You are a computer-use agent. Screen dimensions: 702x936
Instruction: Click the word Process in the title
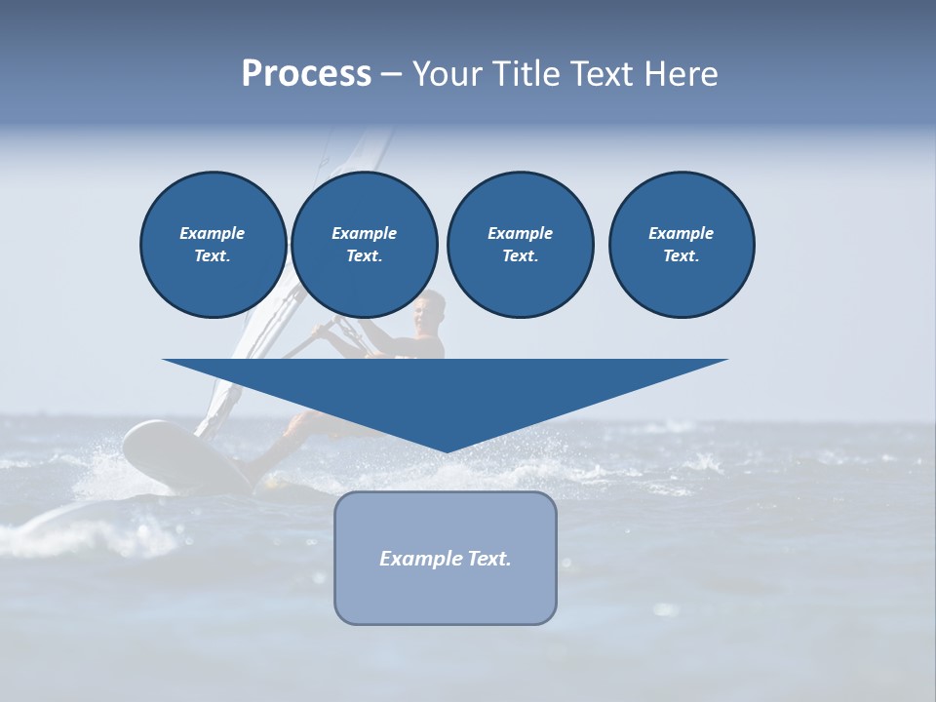(306, 74)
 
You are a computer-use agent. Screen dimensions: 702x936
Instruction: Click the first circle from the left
(213, 245)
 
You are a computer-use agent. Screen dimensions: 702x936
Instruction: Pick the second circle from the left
(364, 245)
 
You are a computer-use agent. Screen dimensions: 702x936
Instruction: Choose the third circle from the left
(520, 245)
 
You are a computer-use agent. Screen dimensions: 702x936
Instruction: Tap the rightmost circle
(682, 245)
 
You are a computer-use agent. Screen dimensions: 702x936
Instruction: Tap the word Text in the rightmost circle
(681, 255)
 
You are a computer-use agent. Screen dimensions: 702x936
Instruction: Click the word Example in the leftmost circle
(213, 233)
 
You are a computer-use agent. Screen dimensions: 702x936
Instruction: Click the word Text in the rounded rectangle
(489, 559)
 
